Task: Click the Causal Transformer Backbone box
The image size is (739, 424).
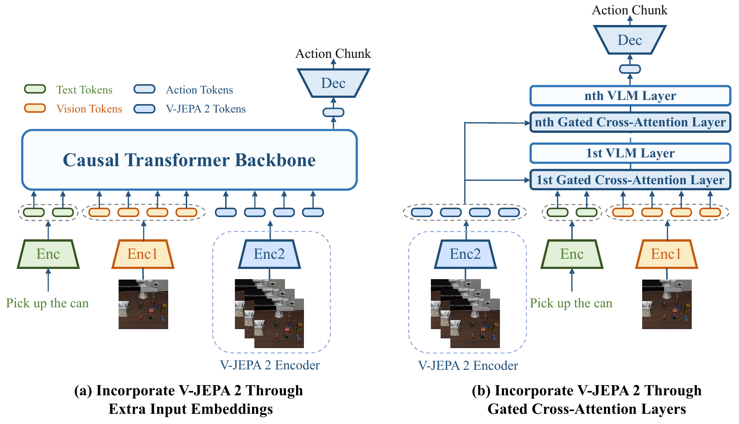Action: click(189, 160)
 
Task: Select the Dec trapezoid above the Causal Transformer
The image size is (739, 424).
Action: click(333, 83)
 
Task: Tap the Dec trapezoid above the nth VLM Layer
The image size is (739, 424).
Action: click(630, 40)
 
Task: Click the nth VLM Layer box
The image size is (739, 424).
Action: click(630, 96)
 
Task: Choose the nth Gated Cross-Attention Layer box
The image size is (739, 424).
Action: click(630, 122)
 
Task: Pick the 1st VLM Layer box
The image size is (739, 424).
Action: click(630, 153)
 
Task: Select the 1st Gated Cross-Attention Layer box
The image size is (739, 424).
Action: click(630, 180)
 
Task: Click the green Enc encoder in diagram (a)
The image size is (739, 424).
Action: click(48, 254)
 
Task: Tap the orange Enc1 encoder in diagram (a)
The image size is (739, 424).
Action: click(143, 254)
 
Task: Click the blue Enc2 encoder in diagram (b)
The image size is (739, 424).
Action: click(465, 254)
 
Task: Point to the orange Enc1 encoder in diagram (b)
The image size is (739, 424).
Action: click(666, 254)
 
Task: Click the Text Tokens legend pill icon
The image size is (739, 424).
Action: click(35, 89)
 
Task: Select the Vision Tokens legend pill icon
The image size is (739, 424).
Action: click(35, 108)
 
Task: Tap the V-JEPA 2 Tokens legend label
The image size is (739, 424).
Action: click(206, 109)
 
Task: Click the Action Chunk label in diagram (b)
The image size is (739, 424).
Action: click(630, 10)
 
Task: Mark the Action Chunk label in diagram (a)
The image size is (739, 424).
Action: click(333, 53)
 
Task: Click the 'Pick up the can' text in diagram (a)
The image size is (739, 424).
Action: click(48, 303)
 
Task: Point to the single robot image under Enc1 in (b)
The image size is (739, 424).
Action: click(667, 304)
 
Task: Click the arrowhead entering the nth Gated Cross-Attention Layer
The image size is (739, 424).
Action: click(527, 123)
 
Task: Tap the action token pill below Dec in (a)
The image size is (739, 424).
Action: click(333, 112)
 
